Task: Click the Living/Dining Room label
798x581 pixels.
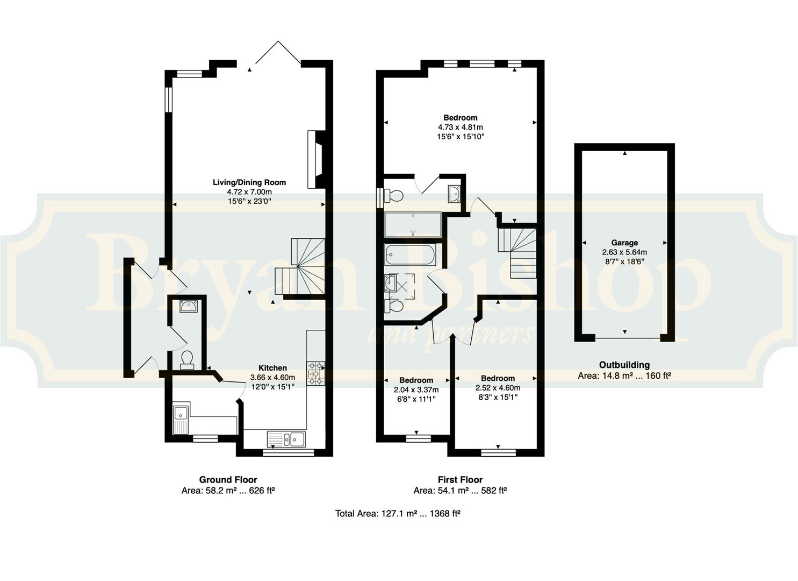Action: (249, 182)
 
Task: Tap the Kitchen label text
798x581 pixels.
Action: (272, 368)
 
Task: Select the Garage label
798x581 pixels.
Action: (624, 243)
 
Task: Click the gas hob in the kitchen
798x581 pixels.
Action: (315, 373)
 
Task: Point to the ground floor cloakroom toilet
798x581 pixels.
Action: (186, 360)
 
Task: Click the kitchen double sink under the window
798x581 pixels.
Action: (286, 438)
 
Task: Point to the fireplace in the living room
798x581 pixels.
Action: (315, 159)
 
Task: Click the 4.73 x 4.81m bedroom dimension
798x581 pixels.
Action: (461, 127)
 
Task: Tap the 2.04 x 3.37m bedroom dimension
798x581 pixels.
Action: (416, 390)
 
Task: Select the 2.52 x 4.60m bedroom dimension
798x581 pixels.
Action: (498, 388)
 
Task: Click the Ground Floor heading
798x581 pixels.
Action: (228, 480)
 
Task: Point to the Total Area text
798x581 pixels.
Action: (398, 514)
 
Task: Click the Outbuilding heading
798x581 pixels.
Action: (624, 365)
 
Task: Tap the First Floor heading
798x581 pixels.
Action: (461, 480)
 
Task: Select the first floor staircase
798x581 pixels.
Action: (517, 253)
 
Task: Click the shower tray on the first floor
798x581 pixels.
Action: (413, 225)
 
